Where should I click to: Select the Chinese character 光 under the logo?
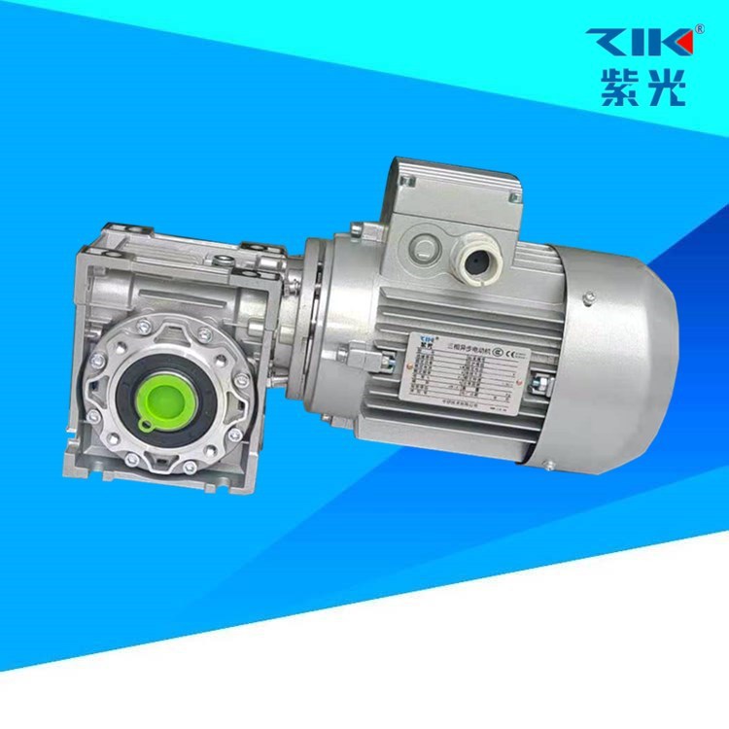663,88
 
